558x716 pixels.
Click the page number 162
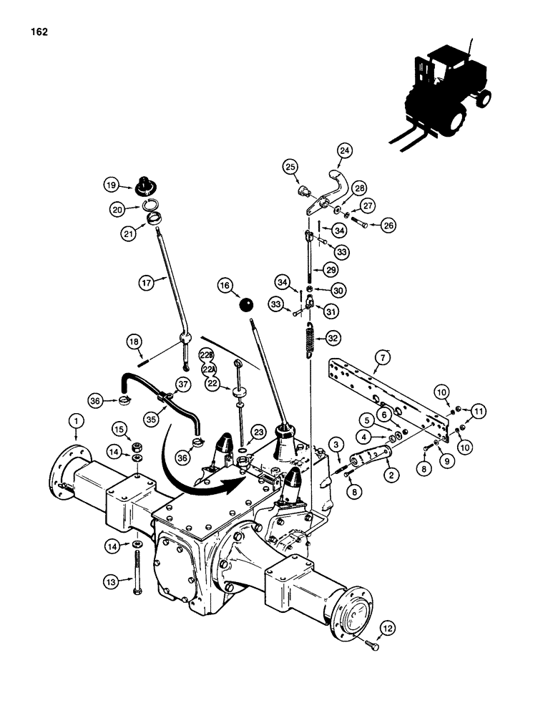[x=39, y=32]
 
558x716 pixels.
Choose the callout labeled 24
[x=346, y=150]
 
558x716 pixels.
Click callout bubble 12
[x=387, y=630]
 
